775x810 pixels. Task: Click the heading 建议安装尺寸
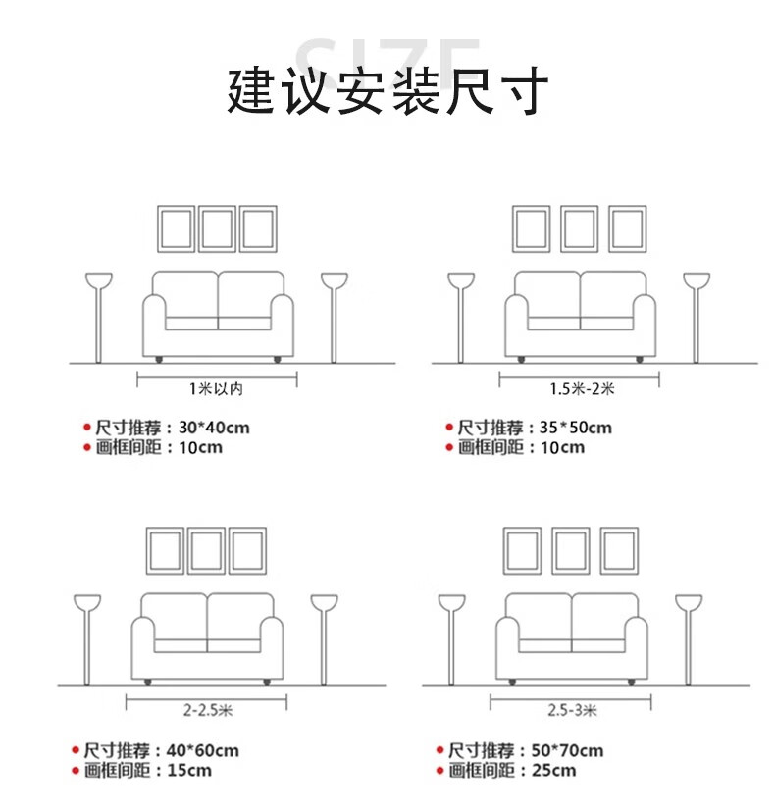pos(387,91)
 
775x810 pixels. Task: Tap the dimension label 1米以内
pos(217,388)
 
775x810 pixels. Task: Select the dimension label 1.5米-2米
pos(582,388)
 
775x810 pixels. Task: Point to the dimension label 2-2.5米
pos(208,710)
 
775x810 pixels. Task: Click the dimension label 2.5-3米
pos(573,710)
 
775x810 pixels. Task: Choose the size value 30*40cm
pos(215,428)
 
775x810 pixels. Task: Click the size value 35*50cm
pos(576,428)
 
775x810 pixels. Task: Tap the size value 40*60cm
pos(203,750)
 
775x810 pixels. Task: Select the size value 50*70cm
pos(567,750)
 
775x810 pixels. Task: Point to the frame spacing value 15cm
pos(189,770)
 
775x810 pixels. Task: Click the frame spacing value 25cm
pos(554,770)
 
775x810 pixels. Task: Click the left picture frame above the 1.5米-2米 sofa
pos(531,206)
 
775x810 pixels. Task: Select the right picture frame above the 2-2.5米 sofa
pos(247,529)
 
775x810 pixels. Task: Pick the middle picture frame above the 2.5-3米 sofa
pos(571,529)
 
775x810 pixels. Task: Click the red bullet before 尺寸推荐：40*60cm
pos(76,750)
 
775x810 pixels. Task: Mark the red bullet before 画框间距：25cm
pos(440,771)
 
